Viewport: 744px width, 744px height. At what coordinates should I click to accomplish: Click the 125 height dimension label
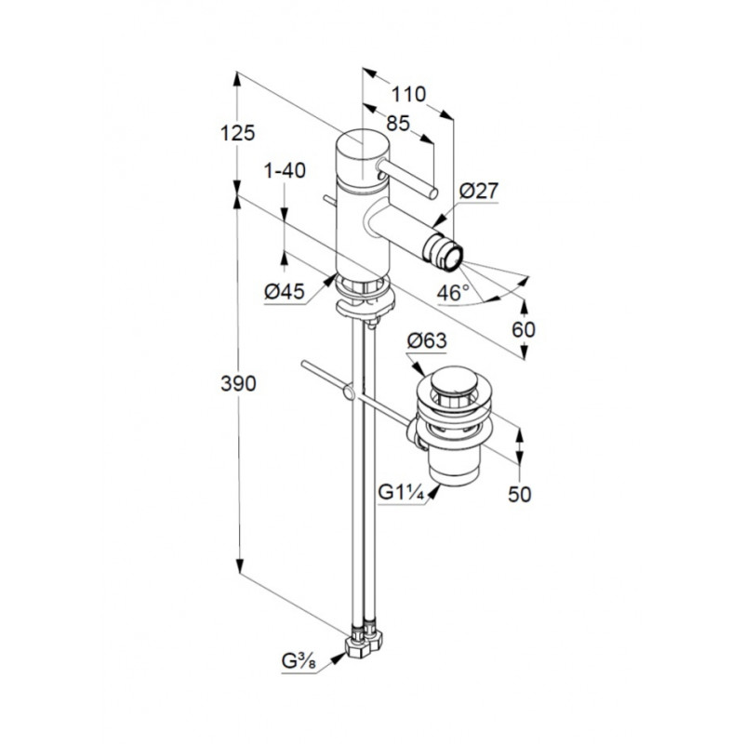pos(238,133)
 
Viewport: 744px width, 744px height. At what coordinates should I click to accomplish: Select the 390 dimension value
pos(238,383)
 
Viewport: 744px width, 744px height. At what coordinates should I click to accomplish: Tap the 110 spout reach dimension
pos(408,95)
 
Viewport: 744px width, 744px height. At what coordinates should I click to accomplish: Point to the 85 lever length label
pos(398,123)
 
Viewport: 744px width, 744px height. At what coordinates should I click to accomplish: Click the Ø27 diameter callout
pos(479,191)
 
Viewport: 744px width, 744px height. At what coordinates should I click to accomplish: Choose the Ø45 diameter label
pos(285,291)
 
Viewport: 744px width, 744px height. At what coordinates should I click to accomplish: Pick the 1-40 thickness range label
pos(285,171)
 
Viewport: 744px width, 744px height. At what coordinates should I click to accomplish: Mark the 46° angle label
pos(453,293)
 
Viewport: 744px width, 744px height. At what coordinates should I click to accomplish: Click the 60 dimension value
pos(524,329)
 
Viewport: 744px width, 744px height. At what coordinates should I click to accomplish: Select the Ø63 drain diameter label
pos(427,340)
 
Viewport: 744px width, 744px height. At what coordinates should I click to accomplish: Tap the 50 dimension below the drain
pos(520,495)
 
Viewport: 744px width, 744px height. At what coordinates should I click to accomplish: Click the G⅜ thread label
pos(299,660)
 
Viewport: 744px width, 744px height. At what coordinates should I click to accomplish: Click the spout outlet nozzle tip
pos(450,258)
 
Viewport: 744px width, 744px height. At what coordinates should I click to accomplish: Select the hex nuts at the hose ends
pos(364,644)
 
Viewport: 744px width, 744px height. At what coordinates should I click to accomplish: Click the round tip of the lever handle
pos(432,193)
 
